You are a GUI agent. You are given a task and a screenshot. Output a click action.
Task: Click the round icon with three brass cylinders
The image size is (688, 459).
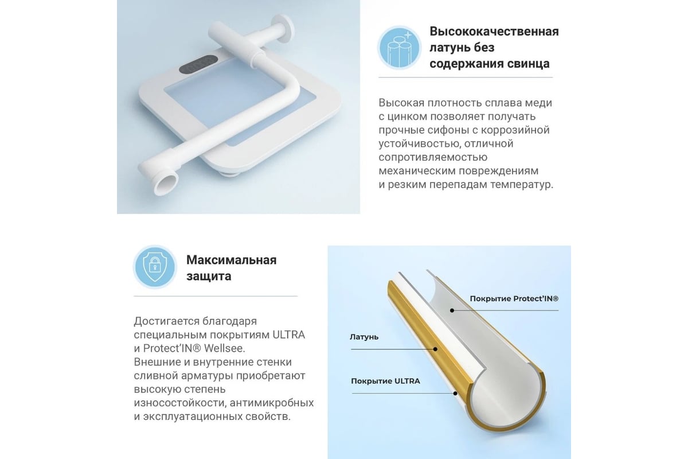click(x=399, y=48)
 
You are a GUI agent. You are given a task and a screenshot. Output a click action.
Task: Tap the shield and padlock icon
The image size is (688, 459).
click(x=155, y=267)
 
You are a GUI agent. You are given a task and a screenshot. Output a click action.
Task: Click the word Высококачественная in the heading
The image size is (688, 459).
click(x=494, y=32)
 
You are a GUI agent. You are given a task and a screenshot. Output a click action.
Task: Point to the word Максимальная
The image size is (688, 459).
click(x=231, y=260)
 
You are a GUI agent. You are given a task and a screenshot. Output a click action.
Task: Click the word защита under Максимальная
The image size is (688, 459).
click(x=209, y=277)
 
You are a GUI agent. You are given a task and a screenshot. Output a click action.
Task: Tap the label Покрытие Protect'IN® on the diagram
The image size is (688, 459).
click(x=514, y=298)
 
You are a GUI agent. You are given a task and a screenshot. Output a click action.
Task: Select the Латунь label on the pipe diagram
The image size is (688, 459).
click(x=364, y=337)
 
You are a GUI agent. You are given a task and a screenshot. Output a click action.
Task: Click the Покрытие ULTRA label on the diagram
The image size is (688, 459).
click(x=385, y=381)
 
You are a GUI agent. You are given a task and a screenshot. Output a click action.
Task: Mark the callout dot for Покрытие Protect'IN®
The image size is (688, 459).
click(x=452, y=310)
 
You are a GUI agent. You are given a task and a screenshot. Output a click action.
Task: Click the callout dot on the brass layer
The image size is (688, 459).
click(x=435, y=349)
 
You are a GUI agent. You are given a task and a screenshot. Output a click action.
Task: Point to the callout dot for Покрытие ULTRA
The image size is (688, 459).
click(x=455, y=394)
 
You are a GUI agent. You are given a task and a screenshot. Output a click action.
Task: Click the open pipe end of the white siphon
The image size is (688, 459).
click(x=166, y=184)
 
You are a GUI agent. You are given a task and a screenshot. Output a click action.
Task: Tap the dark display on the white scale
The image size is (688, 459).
click(x=198, y=65)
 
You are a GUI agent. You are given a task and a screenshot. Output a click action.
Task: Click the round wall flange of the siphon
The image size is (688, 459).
click(x=283, y=29)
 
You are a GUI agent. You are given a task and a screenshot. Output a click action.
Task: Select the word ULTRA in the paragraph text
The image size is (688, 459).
click(x=289, y=334)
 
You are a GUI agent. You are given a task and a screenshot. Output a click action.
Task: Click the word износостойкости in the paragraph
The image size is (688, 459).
click(x=180, y=403)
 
